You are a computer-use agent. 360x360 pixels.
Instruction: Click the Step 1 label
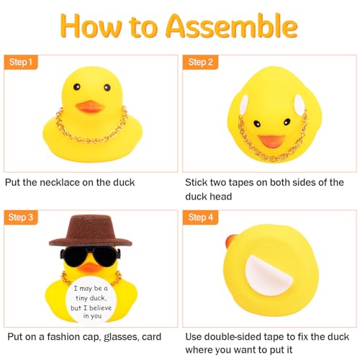pyautogui.click(x=21, y=63)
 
